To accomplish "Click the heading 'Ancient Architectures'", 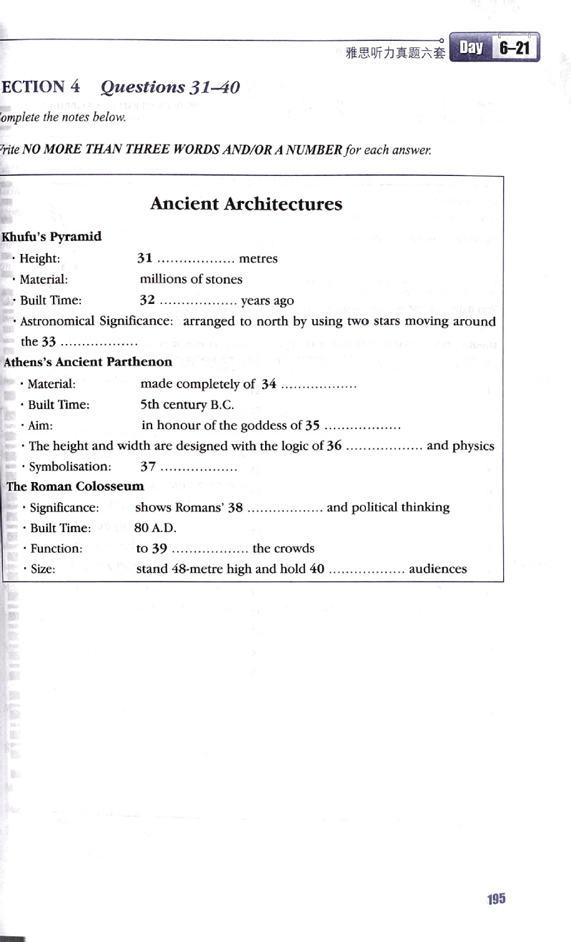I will pyautogui.click(x=246, y=204).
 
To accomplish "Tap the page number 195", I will pyautogui.click(x=496, y=899).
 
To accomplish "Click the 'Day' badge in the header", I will pyautogui.click(x=471, y=48).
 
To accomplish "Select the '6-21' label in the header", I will pyautogui.click(x=515, y=49).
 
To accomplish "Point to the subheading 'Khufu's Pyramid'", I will pyautogui.click(x=52, y=237).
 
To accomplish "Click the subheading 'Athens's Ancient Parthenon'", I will pyautogui.click(x=88, y=362).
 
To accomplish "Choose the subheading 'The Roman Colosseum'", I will pyautogui.click(x=75, y=486).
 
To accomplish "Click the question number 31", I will pyautogui.click(x=144, y=258).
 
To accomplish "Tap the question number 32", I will pyautogui.click(x=147, y=300).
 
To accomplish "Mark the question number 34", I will pyautogui.click(x=269, y=384).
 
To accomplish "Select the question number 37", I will pyautogui.click(x=148, y=466).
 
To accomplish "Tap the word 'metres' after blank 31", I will pyautogui.click(x=258, y=258).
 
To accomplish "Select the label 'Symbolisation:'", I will pyautogui.click(x=70, y=466).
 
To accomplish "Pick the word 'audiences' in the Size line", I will pyautogui.click(x=437, y=569).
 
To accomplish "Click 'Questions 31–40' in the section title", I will pyautogui.click(x=170, y=87).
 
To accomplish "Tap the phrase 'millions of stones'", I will pyautogui.click(x=191, y=279).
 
